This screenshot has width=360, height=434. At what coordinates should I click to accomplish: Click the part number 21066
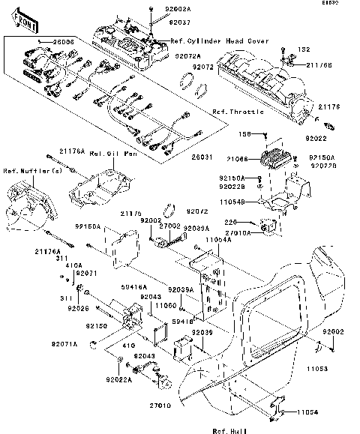click(x=236, y=160)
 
